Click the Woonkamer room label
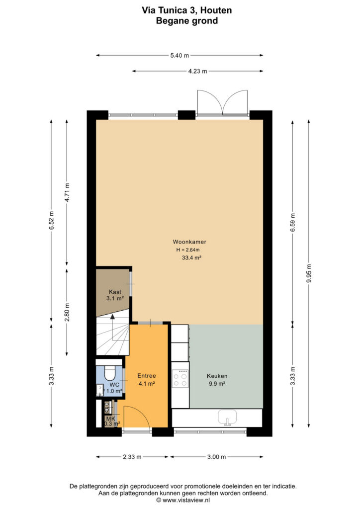[x=189, y=242]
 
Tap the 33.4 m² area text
[x=192, y=258]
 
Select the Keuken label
[x=217, y=376]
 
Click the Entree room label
[x=146, y=376]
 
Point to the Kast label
[x=115, y=292]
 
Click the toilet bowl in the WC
[x=110, y=373]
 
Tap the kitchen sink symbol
[x=227, y=418]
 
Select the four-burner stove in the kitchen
[x=180, y=379]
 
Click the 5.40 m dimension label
[x=180, y=56]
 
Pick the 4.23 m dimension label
[x=198, y=71]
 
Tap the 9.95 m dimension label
[x=309, y=273]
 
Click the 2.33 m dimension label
[x=132, y=457]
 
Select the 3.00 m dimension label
[x=216, y=457]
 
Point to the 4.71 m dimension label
[x=67, y=192]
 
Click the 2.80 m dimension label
[x=67, y=312]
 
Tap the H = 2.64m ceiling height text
[x=188, y=250]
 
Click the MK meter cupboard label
[x=111, y=419]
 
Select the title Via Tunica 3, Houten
[x=186, y=10]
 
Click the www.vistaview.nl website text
[x=186, y=500]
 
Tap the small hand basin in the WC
[x=99, y=390]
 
